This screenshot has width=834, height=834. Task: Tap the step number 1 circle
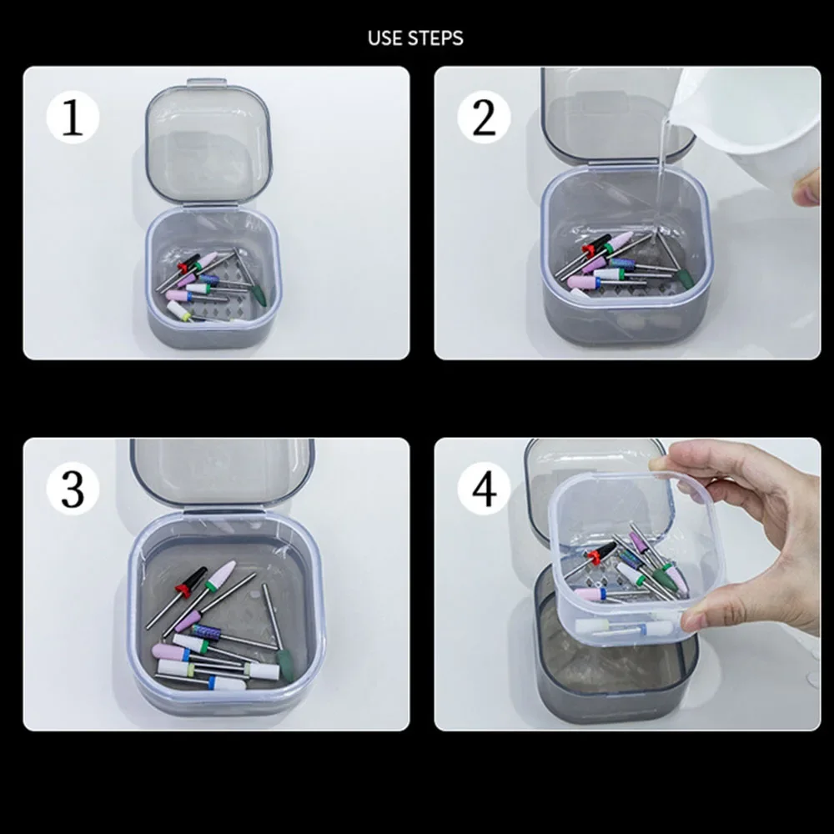coord(73,118)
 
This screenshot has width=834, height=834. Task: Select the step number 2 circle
coord(484,118)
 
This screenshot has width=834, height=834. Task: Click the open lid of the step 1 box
coord(208,144)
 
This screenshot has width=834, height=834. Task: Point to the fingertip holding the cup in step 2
coord(806,186)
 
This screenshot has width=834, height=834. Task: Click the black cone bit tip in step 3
coord(195,577)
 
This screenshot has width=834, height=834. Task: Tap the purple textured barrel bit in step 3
coord(208,632)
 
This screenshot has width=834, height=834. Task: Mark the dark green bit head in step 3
coord(285,665)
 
